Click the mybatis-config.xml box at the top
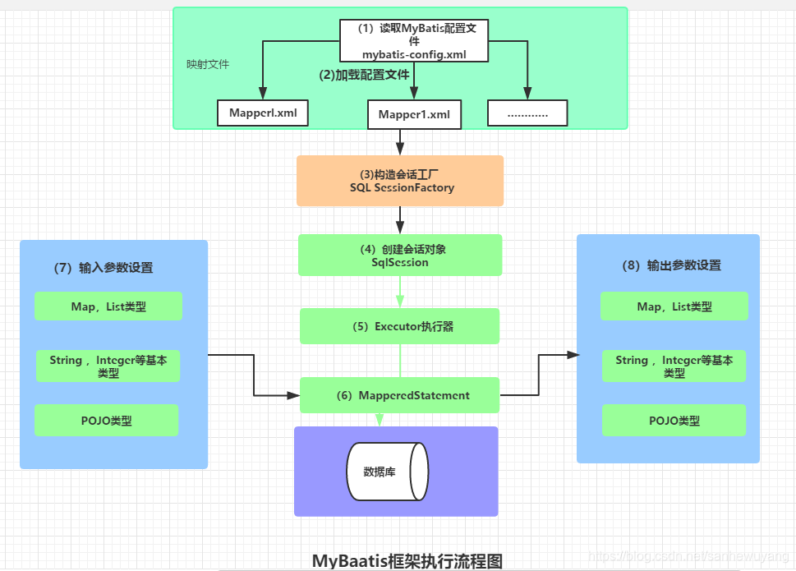point(414,41)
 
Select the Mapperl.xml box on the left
point(262,113)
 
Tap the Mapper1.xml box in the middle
point(414,114)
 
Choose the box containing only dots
point(527,113)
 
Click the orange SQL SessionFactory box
point(400,181)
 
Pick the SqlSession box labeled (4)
point(400,255)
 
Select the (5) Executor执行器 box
point(400,326)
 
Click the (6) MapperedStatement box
point(400,395)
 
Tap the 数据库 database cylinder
point(386,472)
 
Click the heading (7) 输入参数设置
point(104,268)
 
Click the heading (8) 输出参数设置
point(672,265)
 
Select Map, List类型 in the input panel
point(108,306)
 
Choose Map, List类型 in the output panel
point(674,306)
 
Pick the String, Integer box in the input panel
point(108,366)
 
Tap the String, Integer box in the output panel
point(674,366)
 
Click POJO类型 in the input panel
point(106,421)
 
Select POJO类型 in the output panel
point(674,421)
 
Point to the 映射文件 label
point(208,63)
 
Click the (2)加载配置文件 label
point(364,74)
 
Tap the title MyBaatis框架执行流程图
point(407,560)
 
